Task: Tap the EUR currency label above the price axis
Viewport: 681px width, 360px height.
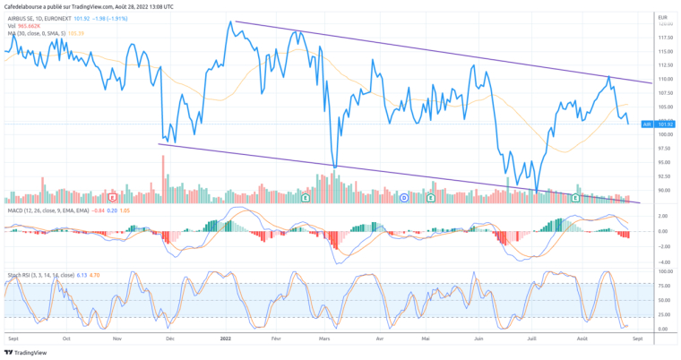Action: point(661,17)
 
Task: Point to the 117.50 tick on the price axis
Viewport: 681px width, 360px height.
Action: point(664,38)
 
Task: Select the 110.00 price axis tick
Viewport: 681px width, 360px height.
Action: point(664,79)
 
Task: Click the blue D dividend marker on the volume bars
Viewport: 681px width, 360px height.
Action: point(403,196)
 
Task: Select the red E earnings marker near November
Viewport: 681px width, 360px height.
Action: point(112,196)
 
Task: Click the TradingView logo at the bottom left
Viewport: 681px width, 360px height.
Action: point(26,352)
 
